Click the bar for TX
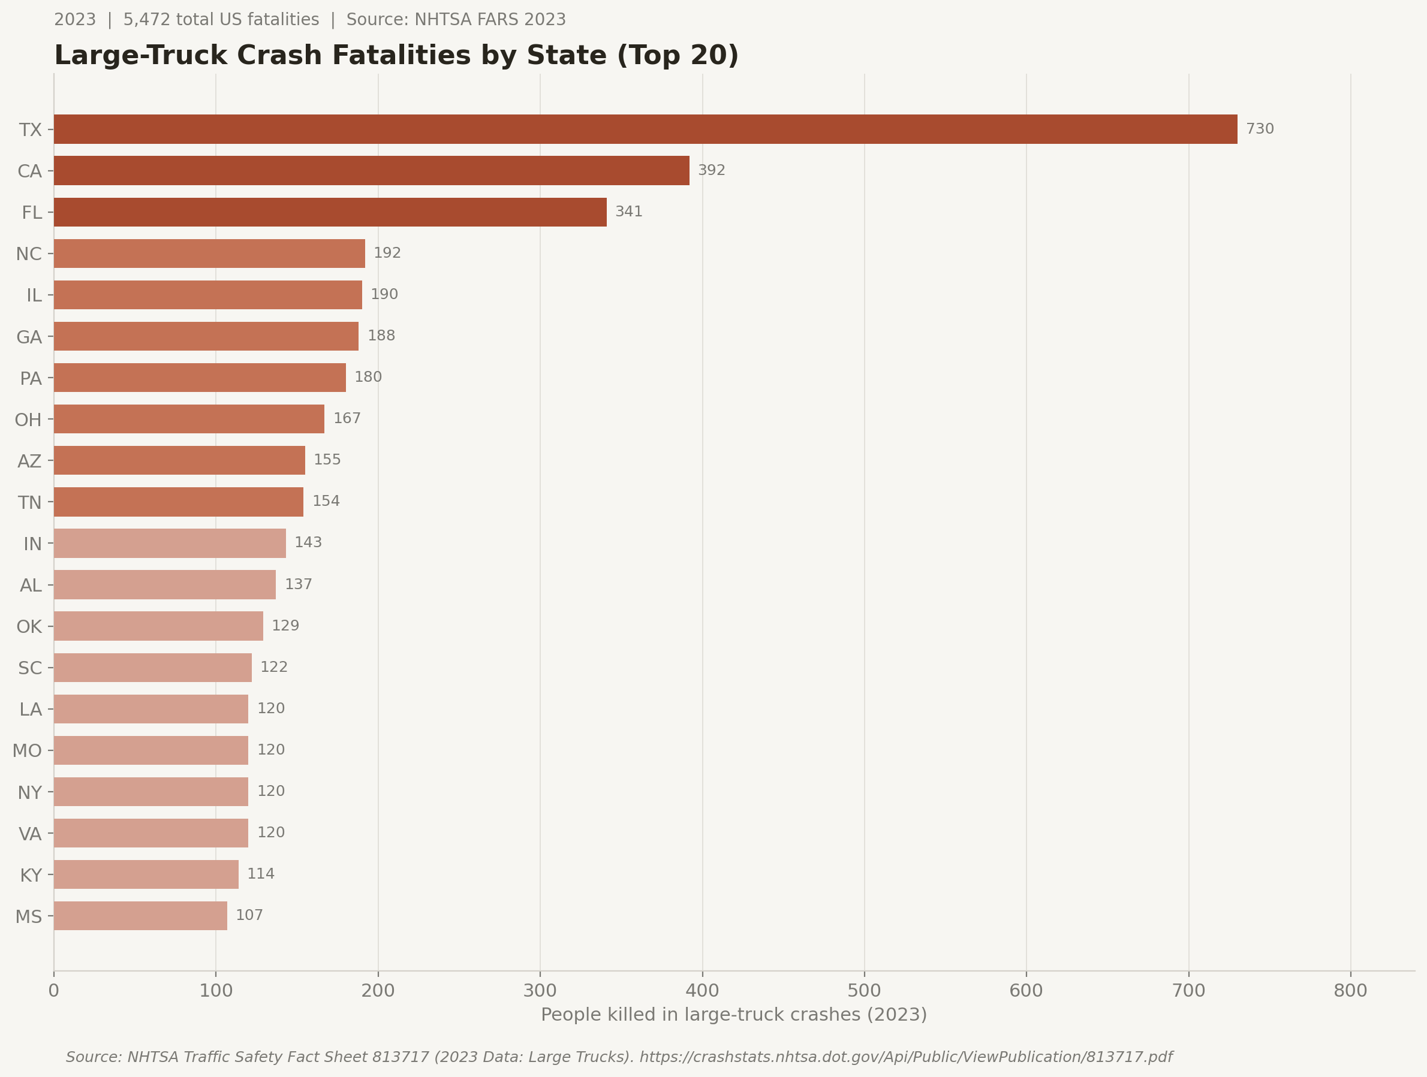point(645,129)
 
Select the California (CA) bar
point(371,170)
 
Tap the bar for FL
point(330,212)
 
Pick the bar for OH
point(188,418)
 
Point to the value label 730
point(1259,129)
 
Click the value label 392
point(712,170)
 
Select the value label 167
point(347,418)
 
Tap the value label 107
point(249,915)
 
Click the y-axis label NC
point(29,254)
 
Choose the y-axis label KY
point(31,875)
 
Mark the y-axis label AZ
point(29,461)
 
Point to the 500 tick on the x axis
point(864,991)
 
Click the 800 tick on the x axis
point(1350,991)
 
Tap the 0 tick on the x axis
point(53,991)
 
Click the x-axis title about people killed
point(733,1015)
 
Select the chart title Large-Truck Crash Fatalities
point(396,56)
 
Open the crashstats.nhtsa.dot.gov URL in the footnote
point(906,1057)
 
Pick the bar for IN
point(169,543)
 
